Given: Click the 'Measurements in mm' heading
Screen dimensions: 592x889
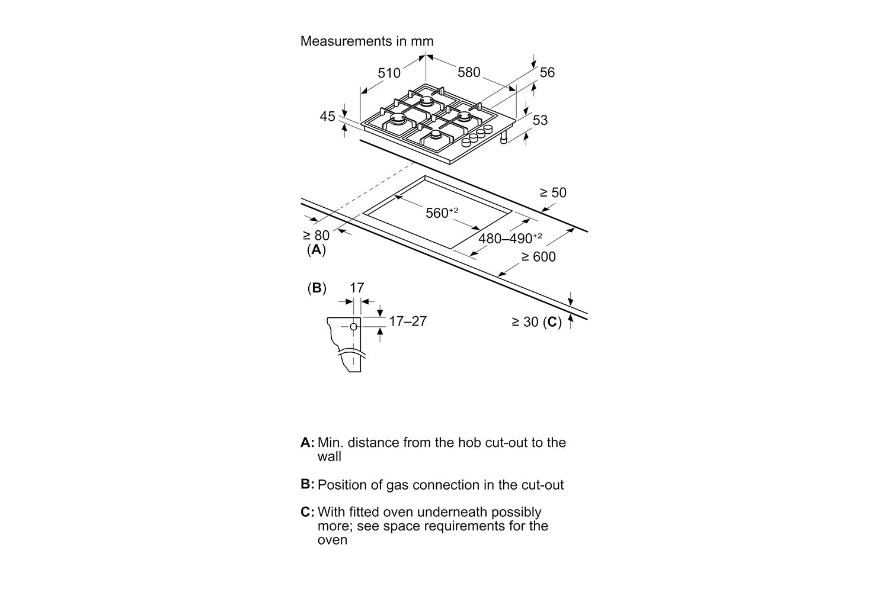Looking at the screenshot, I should (x=367, y=41).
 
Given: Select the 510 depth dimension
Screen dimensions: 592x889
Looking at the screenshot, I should (x=389, y=73).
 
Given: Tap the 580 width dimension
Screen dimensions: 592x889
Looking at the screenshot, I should (x=469, y=72).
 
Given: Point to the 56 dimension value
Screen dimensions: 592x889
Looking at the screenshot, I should (x=547, y=72).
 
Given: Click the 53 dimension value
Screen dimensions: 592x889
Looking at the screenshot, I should (x=540, y=120).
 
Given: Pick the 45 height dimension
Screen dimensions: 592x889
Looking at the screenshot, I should (x=328, y=117).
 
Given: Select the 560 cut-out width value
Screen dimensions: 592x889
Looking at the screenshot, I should (x=442, y=213).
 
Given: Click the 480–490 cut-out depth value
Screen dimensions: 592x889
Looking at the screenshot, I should (x=510, y=239).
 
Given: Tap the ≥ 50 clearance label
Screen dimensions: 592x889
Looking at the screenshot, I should (x=552, y=192).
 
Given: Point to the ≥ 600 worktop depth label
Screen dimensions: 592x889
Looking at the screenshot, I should (x=538, y=257).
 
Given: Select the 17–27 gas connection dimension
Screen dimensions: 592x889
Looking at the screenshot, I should (x=408, y=321).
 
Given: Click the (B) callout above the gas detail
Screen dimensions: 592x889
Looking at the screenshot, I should (x=316, y=288).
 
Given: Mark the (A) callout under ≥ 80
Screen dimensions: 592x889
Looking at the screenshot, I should (x=316, y=250).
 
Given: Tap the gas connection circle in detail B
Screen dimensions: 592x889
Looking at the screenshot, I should (x=354, y=326).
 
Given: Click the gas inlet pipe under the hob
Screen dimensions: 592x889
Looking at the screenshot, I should (x=503, y=138).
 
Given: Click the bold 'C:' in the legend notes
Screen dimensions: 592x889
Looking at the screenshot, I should (x=307, y=512).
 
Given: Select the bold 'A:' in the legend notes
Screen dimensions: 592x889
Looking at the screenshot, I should (x=307, y=442).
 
